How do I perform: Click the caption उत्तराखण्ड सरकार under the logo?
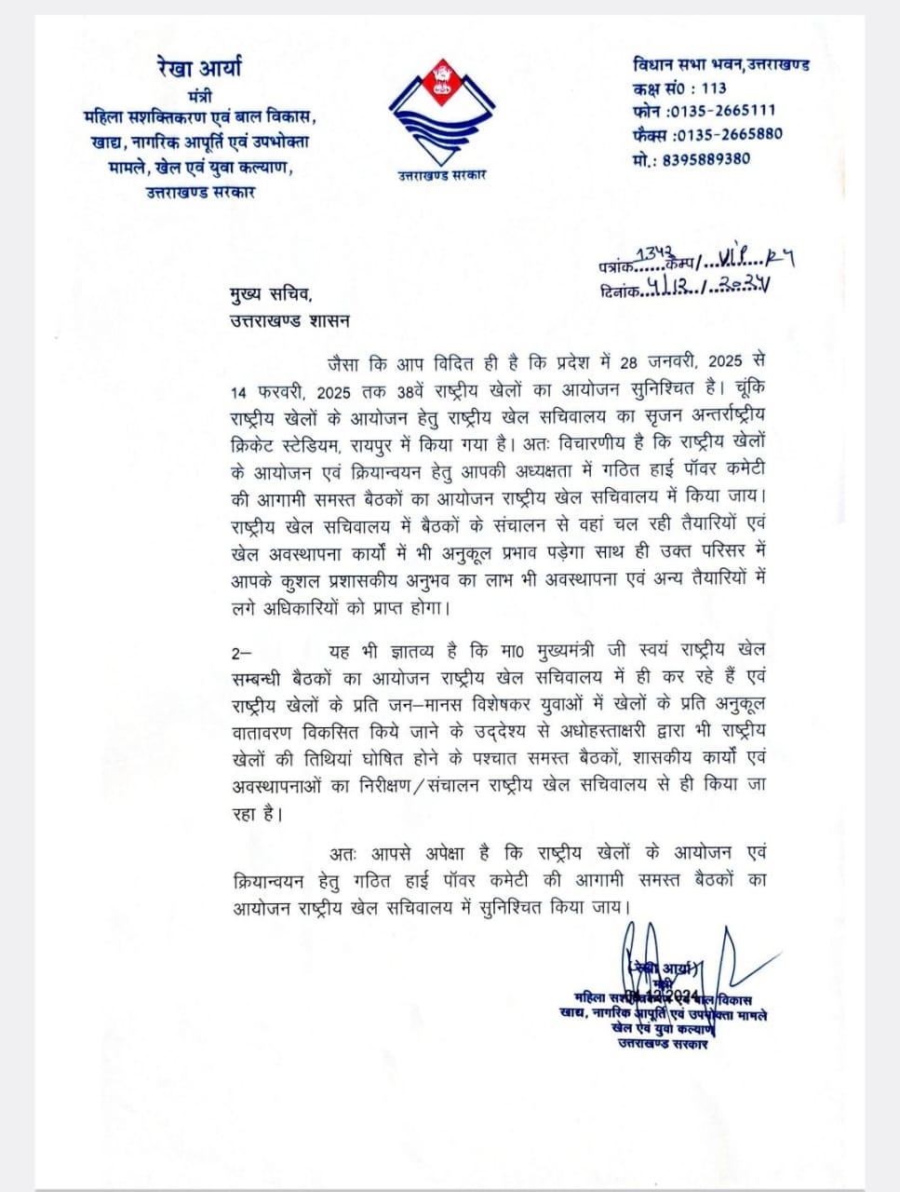(437, 175)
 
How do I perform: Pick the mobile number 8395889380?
(706, 158)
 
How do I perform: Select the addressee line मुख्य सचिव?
(271, 295)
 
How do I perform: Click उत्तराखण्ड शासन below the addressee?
(289, 321)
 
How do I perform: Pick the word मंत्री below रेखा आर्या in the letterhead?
(198, 96)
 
